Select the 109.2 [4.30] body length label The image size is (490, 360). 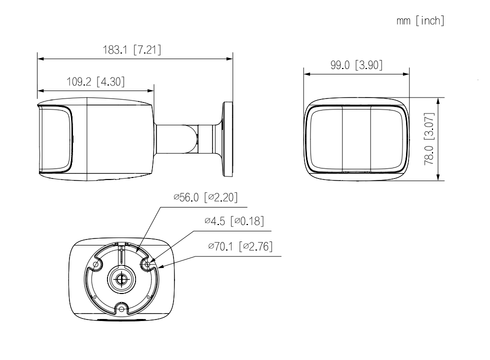pyautogui.click(x=95, y=82)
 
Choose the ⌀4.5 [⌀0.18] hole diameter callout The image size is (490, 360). pyautogui.click(x=234, y=221)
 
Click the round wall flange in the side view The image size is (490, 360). pyautogui.click(x=227, y=139)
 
